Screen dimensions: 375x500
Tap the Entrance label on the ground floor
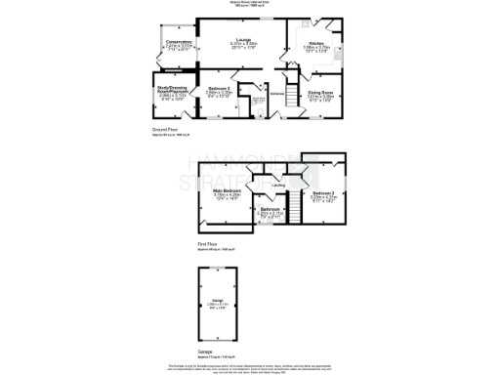click(276, 94)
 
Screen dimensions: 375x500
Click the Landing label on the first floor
click(278, 186)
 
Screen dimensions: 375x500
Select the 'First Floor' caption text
click(207, 244)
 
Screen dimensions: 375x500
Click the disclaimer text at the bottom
click(250, 366)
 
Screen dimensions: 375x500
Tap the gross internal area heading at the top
click(250, 5)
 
